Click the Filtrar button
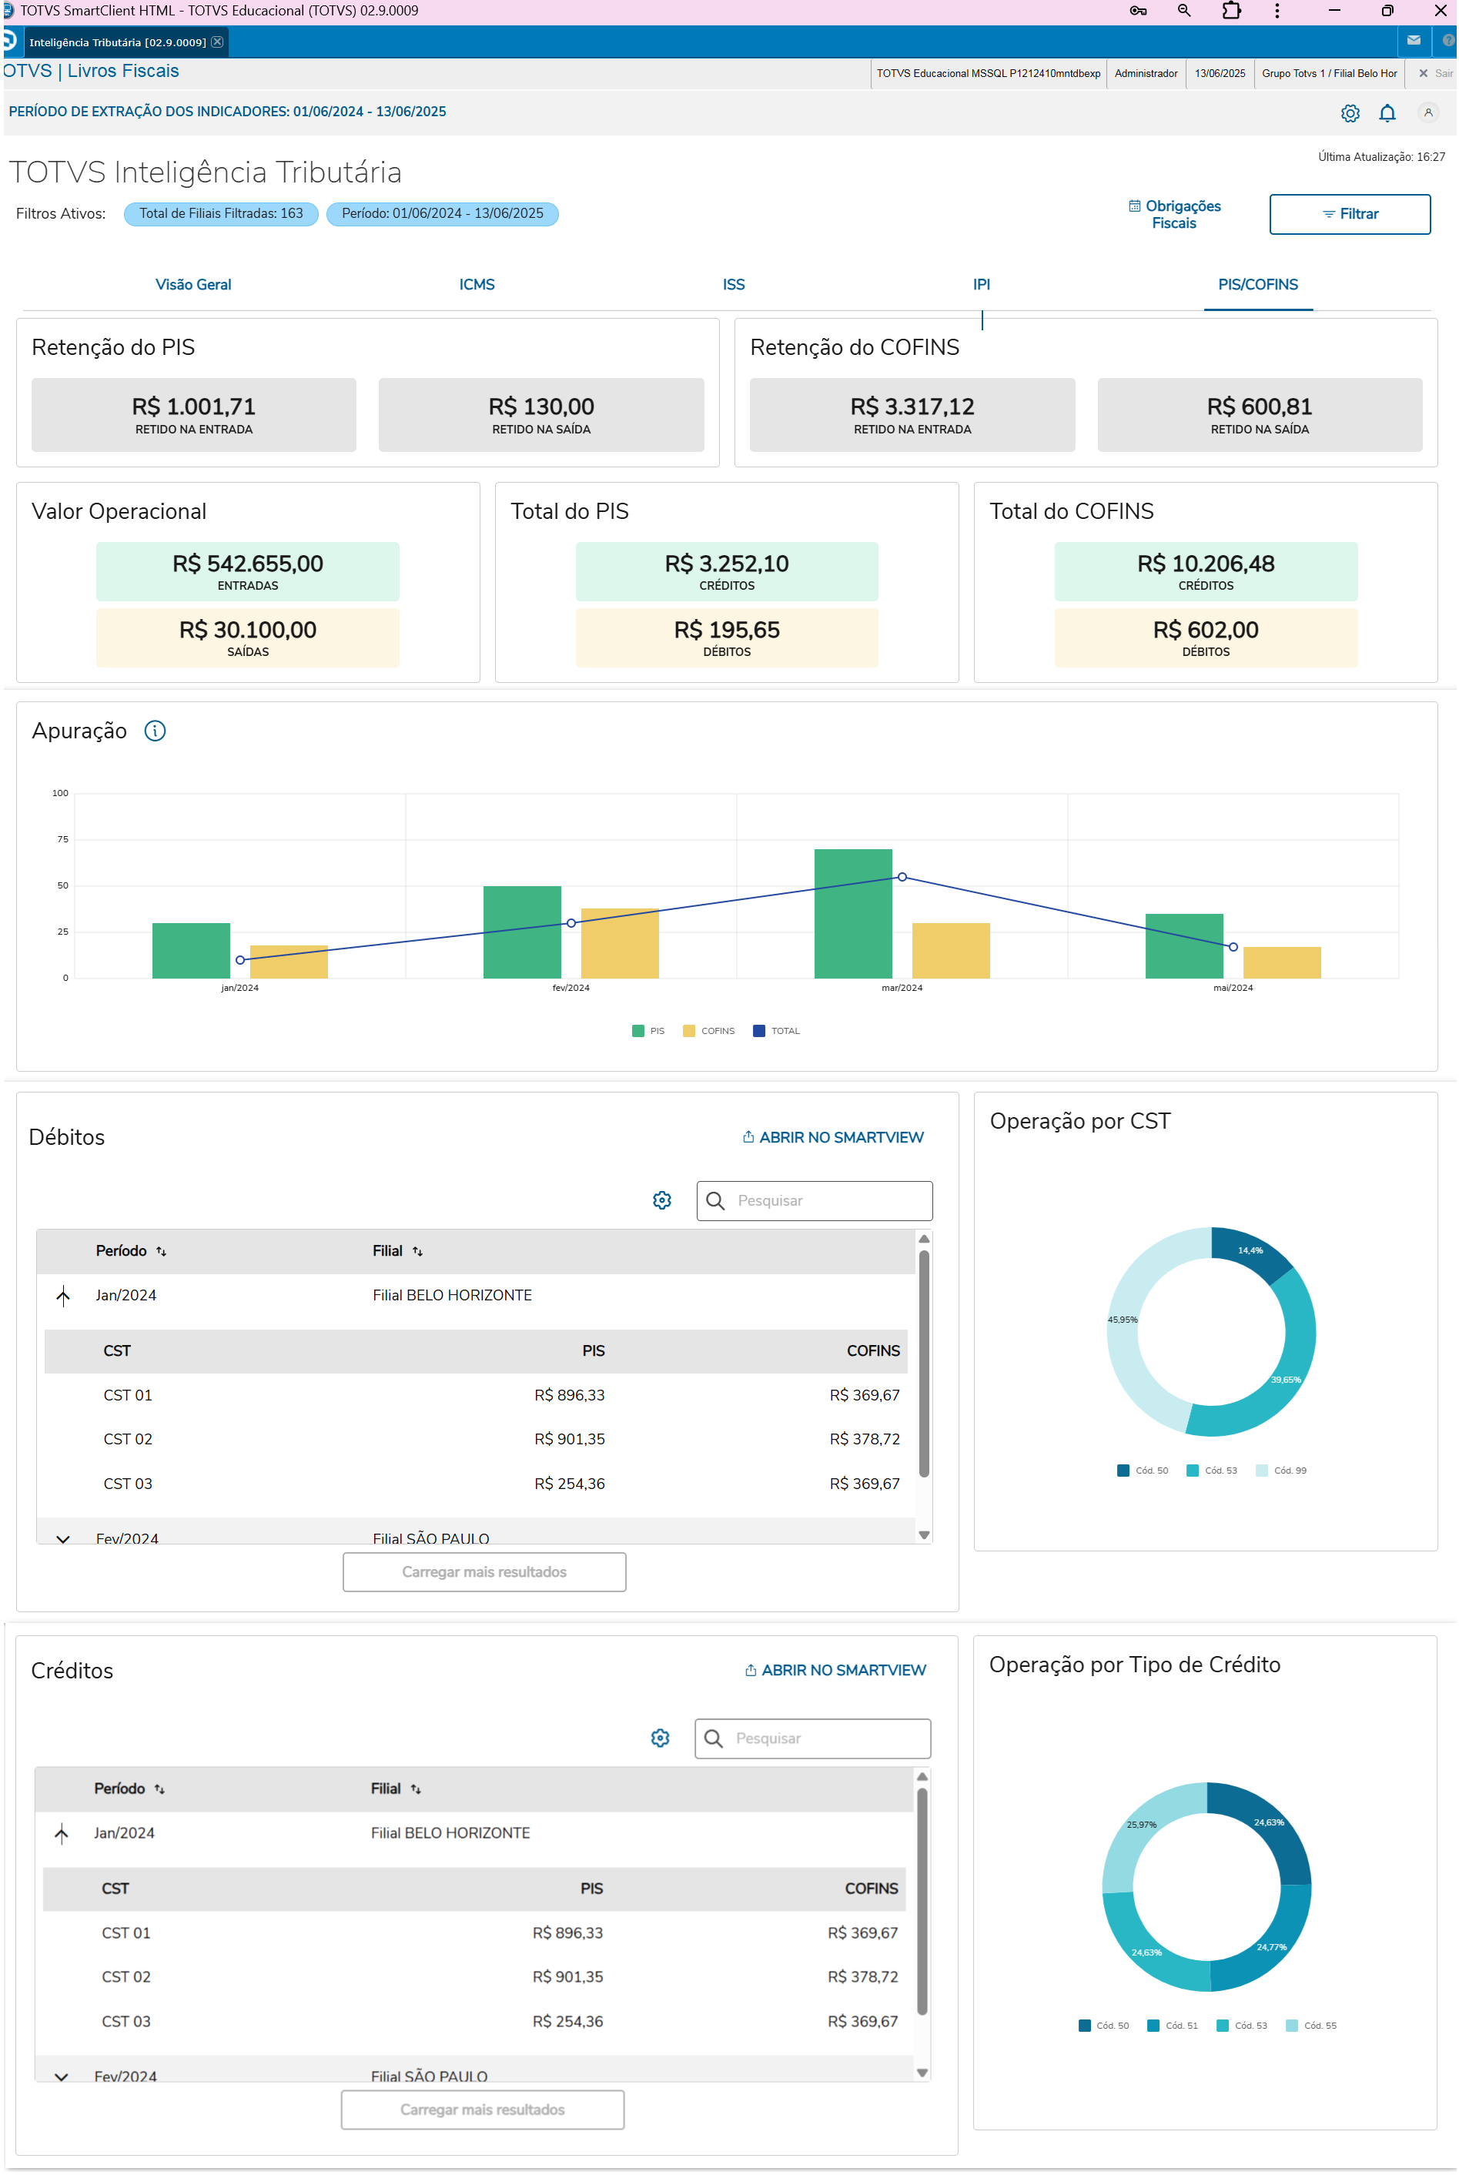click(x=1349, y=214)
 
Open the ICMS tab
click(x=477, y=285)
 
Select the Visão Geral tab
click(x=192, y=285)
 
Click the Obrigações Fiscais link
click(x=1174, y=214)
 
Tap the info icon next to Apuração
click(x=156, y=731)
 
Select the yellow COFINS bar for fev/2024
click(x=619, y=942)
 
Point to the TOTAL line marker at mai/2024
click(x=1233, y=947)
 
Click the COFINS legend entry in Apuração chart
click(x=709, y=1031)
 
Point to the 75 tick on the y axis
click(x=62, y=839)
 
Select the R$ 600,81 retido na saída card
click(x=1259, y=415)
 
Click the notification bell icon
click(x=1387, y=113)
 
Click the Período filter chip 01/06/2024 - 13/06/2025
click(x=442, y=214)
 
